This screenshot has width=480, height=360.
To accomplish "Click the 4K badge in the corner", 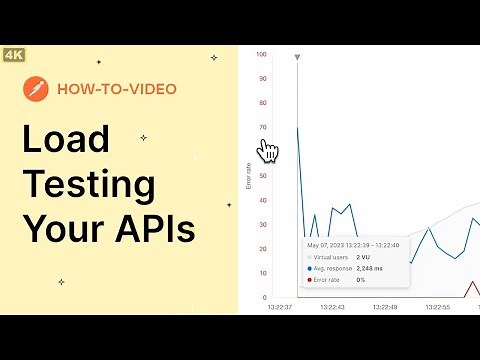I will coord(14,54).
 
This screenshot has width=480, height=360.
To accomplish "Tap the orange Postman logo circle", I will coord(36,89).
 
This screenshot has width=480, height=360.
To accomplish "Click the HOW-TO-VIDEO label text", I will coord(116,89).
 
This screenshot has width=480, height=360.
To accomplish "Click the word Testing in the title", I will coord(89,185).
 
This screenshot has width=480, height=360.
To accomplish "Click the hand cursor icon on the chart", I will coord(268,150).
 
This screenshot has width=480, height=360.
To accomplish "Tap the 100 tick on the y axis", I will coord(262,55).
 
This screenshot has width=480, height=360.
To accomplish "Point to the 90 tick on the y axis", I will coord(263,79).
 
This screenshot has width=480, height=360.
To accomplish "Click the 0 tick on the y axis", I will coord(265,297).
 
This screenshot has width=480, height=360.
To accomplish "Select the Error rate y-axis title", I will coord(249,176).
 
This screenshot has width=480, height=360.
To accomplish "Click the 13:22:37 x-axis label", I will coord(281,307).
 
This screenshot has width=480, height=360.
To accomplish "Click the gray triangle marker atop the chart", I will coord(297,58).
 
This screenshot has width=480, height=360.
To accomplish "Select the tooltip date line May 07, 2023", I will coord(353,245).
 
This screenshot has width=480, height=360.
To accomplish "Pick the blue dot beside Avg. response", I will coord(309,268).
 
